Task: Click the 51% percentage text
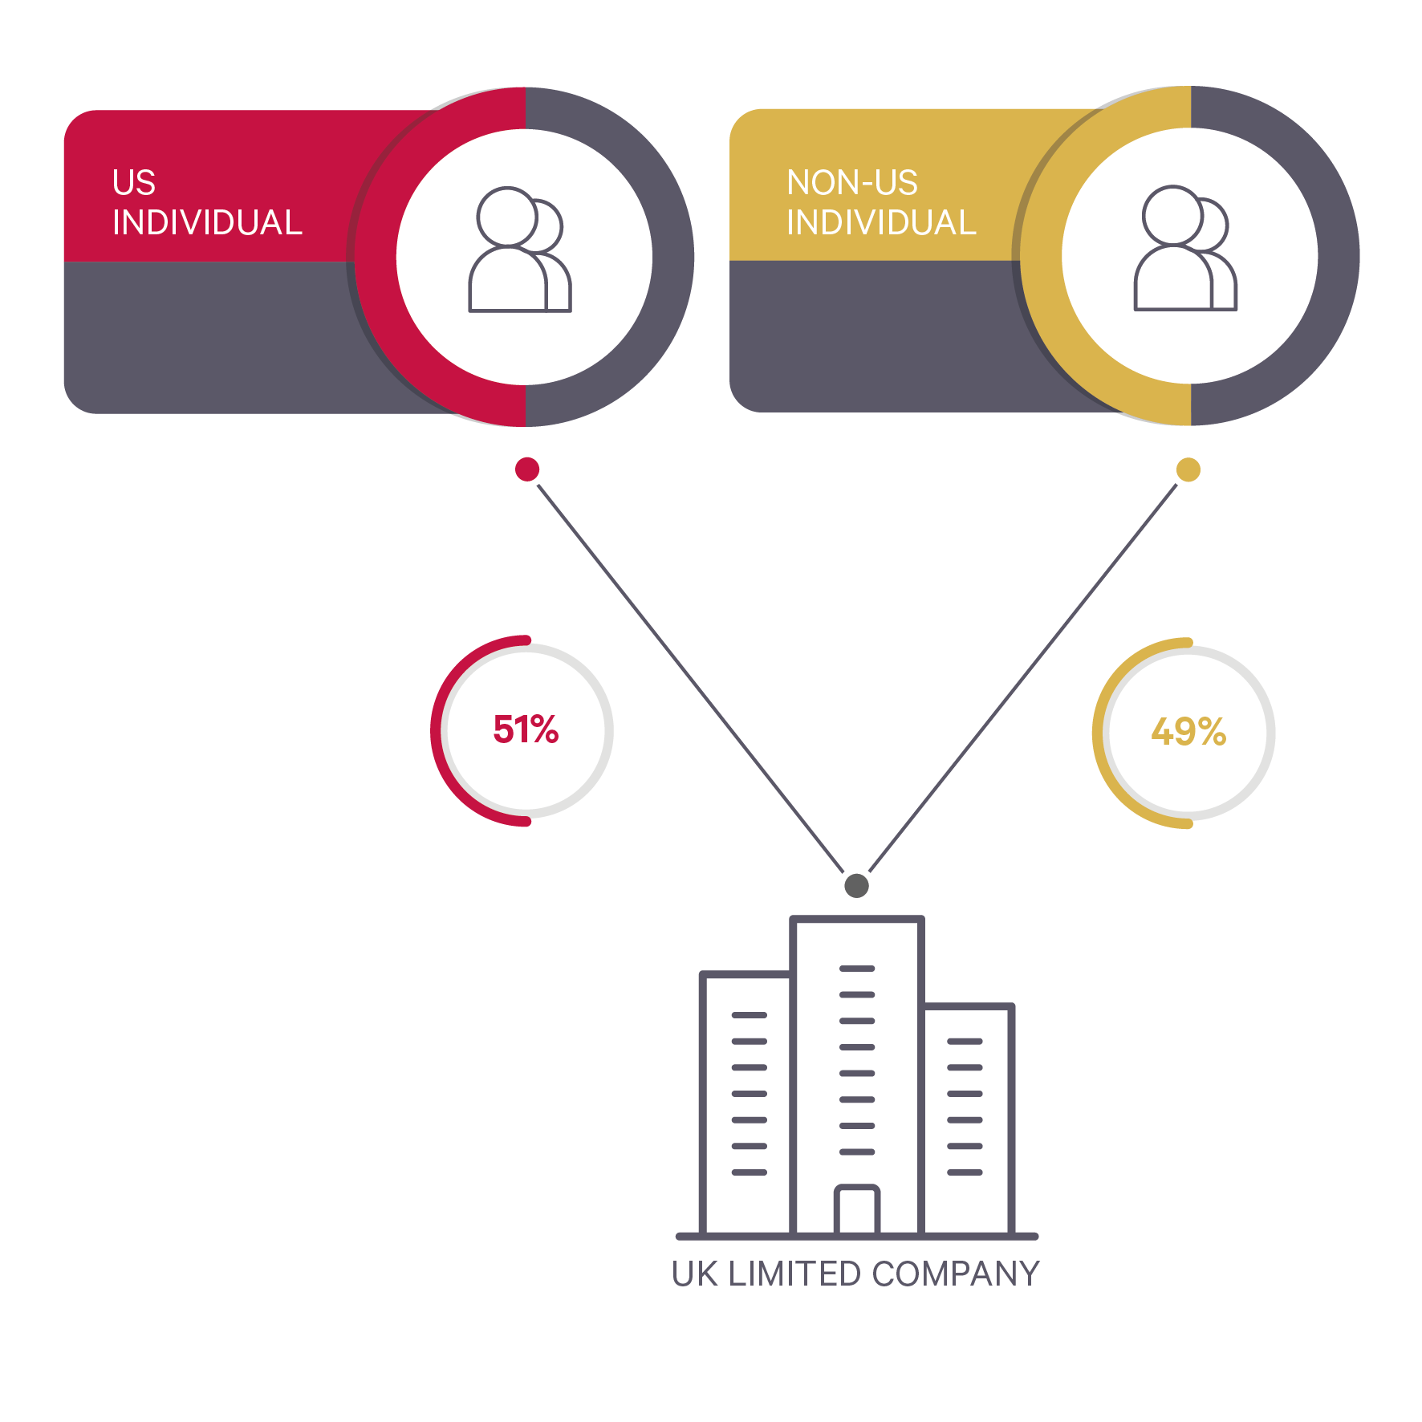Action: pyautogui.click(x=526, y=729)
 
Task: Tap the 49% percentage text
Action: pyautogui.click(x=1188, y=732)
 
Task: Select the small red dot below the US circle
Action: pyautogui.click(x=527, y=469)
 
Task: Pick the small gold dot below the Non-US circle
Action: pyautogui.click(x=1188, y=469)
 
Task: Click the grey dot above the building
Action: pyautogui.click(x=856, y=886)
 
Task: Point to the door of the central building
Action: pyautogui.click(x=856, y=1209)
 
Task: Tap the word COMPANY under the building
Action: pyautogui.click(x=956, y=1274)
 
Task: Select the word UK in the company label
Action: pyautogui.click(x=694, y=1274)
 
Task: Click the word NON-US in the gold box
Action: pyautogui.click(x=851, y=183)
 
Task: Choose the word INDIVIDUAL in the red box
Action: pyautogui.click(x=207, y=223)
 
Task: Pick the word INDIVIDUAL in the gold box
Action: pyautogui.click(x=881, y=223)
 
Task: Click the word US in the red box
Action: pyautogui.click(x=134, y=183)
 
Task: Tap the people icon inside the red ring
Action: pyautogui.click(x=519, y=250)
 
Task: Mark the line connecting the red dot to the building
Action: pyautogui.click(x=690, y=678)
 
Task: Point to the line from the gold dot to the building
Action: pyautogui.click(x=1023, y=678)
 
